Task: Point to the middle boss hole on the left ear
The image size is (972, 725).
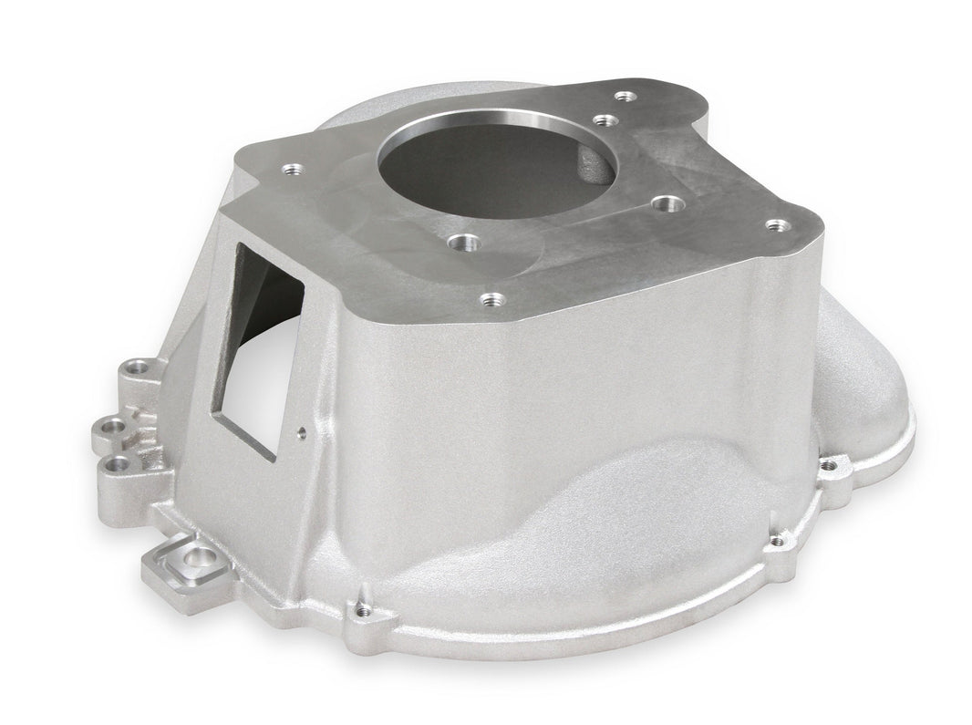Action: [x=112, y=425]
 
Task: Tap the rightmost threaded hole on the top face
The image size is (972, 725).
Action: [x=776, y=224]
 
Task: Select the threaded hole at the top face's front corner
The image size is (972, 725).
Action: [x=491, y=298]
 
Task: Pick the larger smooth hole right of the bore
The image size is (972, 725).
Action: [x=667, y=204]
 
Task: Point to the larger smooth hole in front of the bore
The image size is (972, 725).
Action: [x=465, y=243]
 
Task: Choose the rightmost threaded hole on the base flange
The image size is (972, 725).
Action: [x=828, y=466]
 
